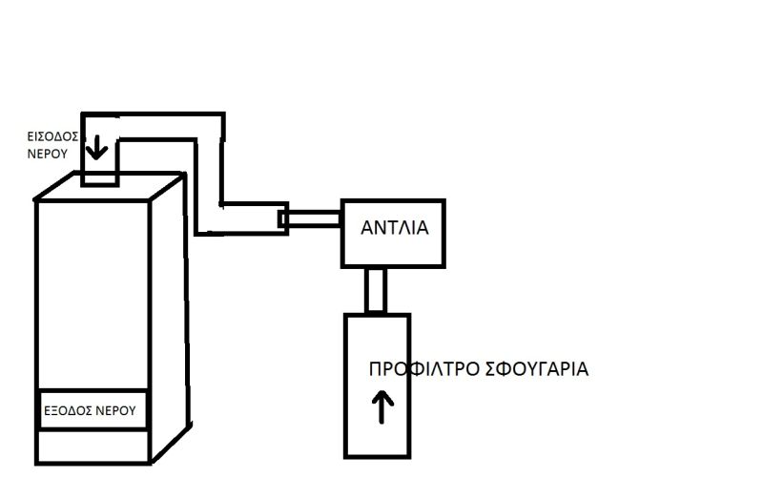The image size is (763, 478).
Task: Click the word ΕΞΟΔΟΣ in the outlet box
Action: [70, 411]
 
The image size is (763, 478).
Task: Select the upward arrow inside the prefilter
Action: [381, 407]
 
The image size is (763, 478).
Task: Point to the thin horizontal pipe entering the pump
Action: [315, 218]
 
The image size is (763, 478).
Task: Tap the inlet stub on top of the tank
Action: [98, 176]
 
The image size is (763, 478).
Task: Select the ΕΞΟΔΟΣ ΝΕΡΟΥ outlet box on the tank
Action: [93, 410]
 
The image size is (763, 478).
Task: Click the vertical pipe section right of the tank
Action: [209, 172]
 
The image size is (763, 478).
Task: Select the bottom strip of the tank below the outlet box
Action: [93, 445]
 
